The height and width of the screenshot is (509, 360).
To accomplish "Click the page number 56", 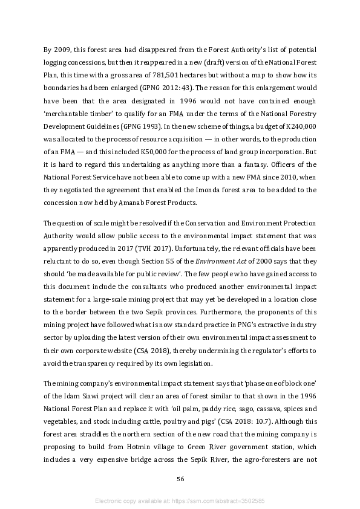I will (180, 479).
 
